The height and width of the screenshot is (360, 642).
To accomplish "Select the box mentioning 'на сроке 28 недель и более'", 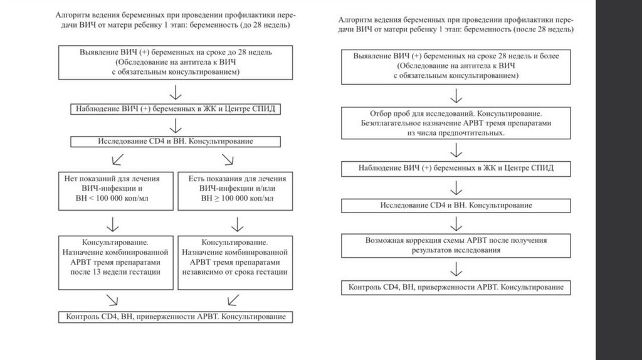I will (456, 66).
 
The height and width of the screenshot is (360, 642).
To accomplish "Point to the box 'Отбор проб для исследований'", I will (456, 124).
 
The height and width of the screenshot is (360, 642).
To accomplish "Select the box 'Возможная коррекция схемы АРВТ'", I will (456, 245).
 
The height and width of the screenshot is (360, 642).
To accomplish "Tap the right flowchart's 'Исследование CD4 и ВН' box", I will (456, 206).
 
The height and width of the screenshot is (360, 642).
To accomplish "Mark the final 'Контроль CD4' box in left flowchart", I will (175, 316).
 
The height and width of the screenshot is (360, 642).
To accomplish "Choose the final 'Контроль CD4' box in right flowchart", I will (456, 287).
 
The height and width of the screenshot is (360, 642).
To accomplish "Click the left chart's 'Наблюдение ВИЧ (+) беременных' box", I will (175, 109).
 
